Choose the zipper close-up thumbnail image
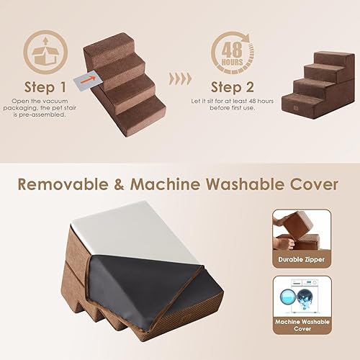300,230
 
